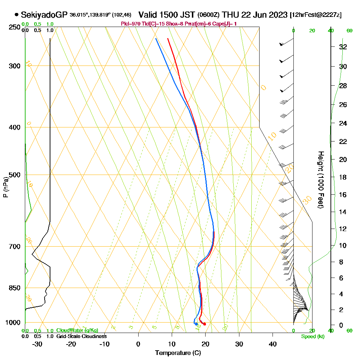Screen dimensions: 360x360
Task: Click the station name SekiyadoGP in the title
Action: [x=44, y=15]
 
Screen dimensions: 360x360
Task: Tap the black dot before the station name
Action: [x=17, y=15]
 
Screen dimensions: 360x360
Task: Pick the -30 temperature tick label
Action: [x=37, y=344]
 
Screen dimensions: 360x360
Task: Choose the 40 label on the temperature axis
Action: [x=273, y=344]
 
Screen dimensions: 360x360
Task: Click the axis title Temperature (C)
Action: [x=178, y=353]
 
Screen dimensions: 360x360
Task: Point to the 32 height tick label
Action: [x=343, y=47]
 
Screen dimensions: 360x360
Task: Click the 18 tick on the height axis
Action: [x=343, y=177]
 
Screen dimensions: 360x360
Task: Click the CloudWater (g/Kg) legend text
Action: [x=77, y=330]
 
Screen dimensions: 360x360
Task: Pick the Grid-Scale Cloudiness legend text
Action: [x=81, y=336]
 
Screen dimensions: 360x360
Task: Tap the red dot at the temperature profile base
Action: [x=204, y=324]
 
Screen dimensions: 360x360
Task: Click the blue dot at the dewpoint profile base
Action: [x=196, y=324]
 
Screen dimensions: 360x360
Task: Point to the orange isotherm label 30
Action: [x=307, y=200]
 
